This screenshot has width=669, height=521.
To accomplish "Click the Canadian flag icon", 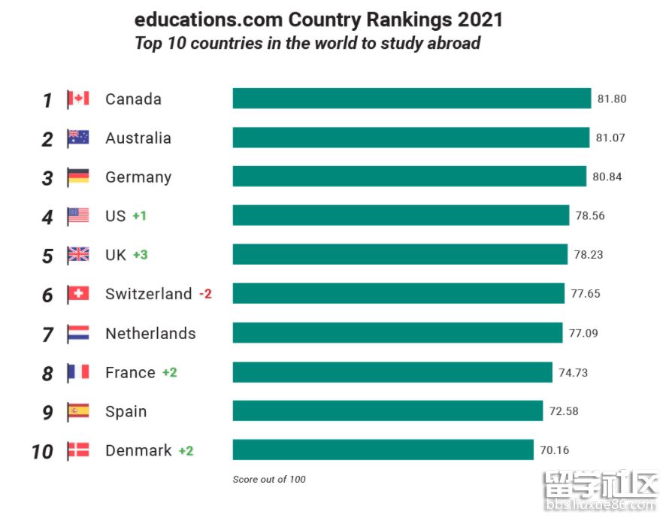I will pyautogui.click(x=78, y=98).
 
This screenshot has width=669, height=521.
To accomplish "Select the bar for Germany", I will pyautogui.click(x=409, y=177).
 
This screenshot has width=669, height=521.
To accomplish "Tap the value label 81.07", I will pyautogui.click(x=610, y=138).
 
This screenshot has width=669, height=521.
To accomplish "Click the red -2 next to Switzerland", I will pyautogui.click(x=205, y=294).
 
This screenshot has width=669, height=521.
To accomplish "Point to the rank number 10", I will pyautogui.click(x=42, y=452).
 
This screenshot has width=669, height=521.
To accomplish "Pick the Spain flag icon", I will pyautogui.click(x=78, y=411).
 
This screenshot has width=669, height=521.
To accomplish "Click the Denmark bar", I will pyautogui.click(x=383, y=450).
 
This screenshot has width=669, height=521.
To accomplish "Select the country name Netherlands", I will pyautogui.click(x=150, y=333).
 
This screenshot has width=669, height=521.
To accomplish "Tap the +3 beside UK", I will pyautogui.click(x=141, y=255).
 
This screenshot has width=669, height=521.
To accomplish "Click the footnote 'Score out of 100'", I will pyautogui.click(x=269, y=480).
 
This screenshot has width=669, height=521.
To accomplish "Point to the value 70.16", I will pyautogui.click(x=554, y=450).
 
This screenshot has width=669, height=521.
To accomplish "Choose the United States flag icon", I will pyautogui.click(x=78, y=216).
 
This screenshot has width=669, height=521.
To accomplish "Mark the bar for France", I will pyautogui.click(x=392, y=372).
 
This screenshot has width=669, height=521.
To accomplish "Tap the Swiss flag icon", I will pyautogui.click(x=78, y=294).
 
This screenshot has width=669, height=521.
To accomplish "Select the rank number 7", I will pyautogui.click(x=47, y=335).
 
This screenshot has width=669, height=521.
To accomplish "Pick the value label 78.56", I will pyautogui.click(x=590, y=216).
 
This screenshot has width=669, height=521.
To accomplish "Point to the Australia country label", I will pyautogui.click(x=138, y=138).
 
